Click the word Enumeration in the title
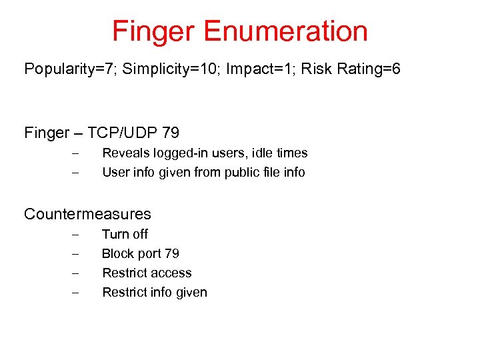(286, 31)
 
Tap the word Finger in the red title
(155, 31)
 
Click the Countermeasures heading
(87, 214)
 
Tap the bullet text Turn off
(125, 234)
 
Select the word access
(171, 273)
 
